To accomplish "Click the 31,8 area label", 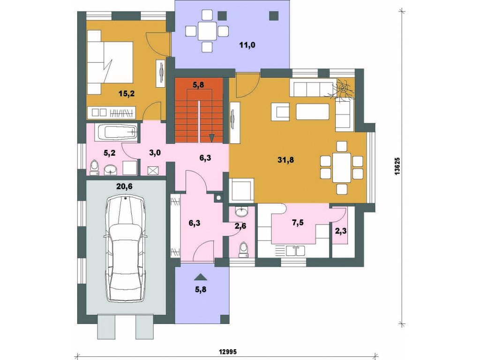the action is point(286,160).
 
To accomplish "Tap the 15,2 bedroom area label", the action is point(127,94).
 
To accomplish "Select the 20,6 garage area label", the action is point(124,186).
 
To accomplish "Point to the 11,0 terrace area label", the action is point(247,45).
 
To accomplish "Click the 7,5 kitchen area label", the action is point(298,223).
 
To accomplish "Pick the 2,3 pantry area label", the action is point(341,231).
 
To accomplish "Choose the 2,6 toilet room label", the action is point(240,226).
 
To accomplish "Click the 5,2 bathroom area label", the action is point(109,153).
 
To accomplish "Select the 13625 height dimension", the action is point(397,166).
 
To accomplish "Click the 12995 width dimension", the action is point(227,352).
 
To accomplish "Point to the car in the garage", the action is point(126,248).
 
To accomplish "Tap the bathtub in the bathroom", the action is point(117,133).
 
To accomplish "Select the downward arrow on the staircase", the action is point(211,138).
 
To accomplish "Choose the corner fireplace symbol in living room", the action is point(345,89).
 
